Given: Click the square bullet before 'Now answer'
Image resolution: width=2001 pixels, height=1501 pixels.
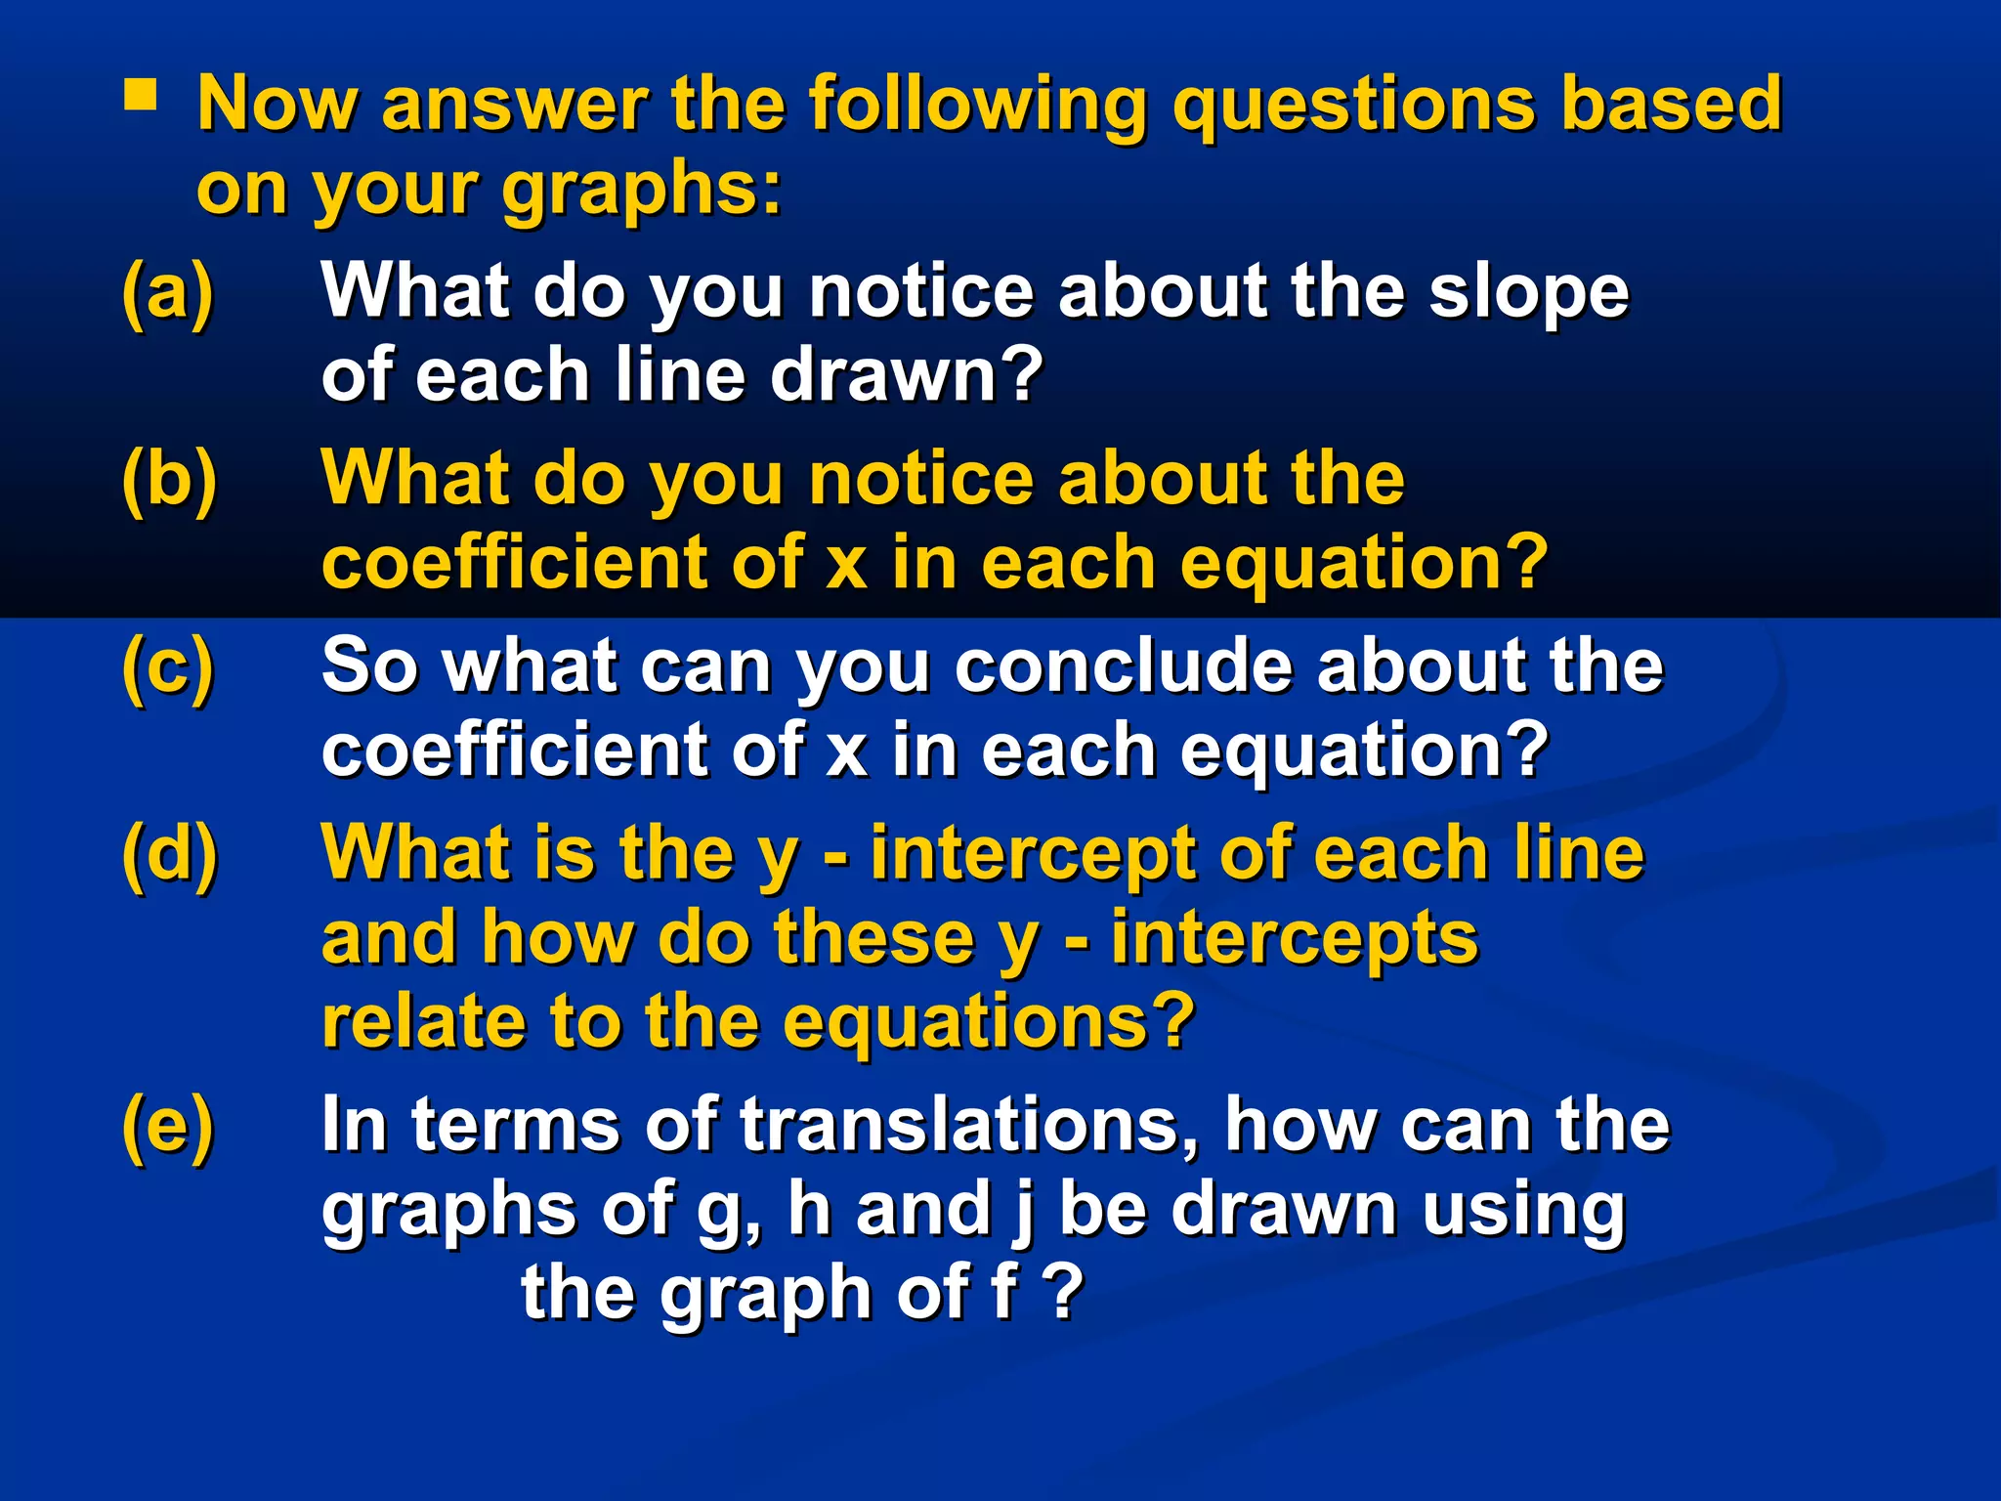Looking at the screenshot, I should pos(140,97).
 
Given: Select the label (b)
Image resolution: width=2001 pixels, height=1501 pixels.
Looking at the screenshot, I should pos(169,479).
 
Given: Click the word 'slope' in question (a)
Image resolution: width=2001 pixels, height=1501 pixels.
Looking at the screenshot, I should pos(1529,292).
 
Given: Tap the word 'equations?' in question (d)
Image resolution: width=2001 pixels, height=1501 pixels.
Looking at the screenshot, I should pos(989,1022).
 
